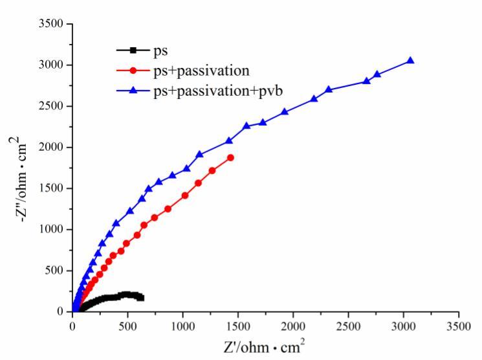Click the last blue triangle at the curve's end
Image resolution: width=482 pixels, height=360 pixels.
click(x=410, y=61)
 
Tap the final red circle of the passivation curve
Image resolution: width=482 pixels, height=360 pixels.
click(x=230, y=157)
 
